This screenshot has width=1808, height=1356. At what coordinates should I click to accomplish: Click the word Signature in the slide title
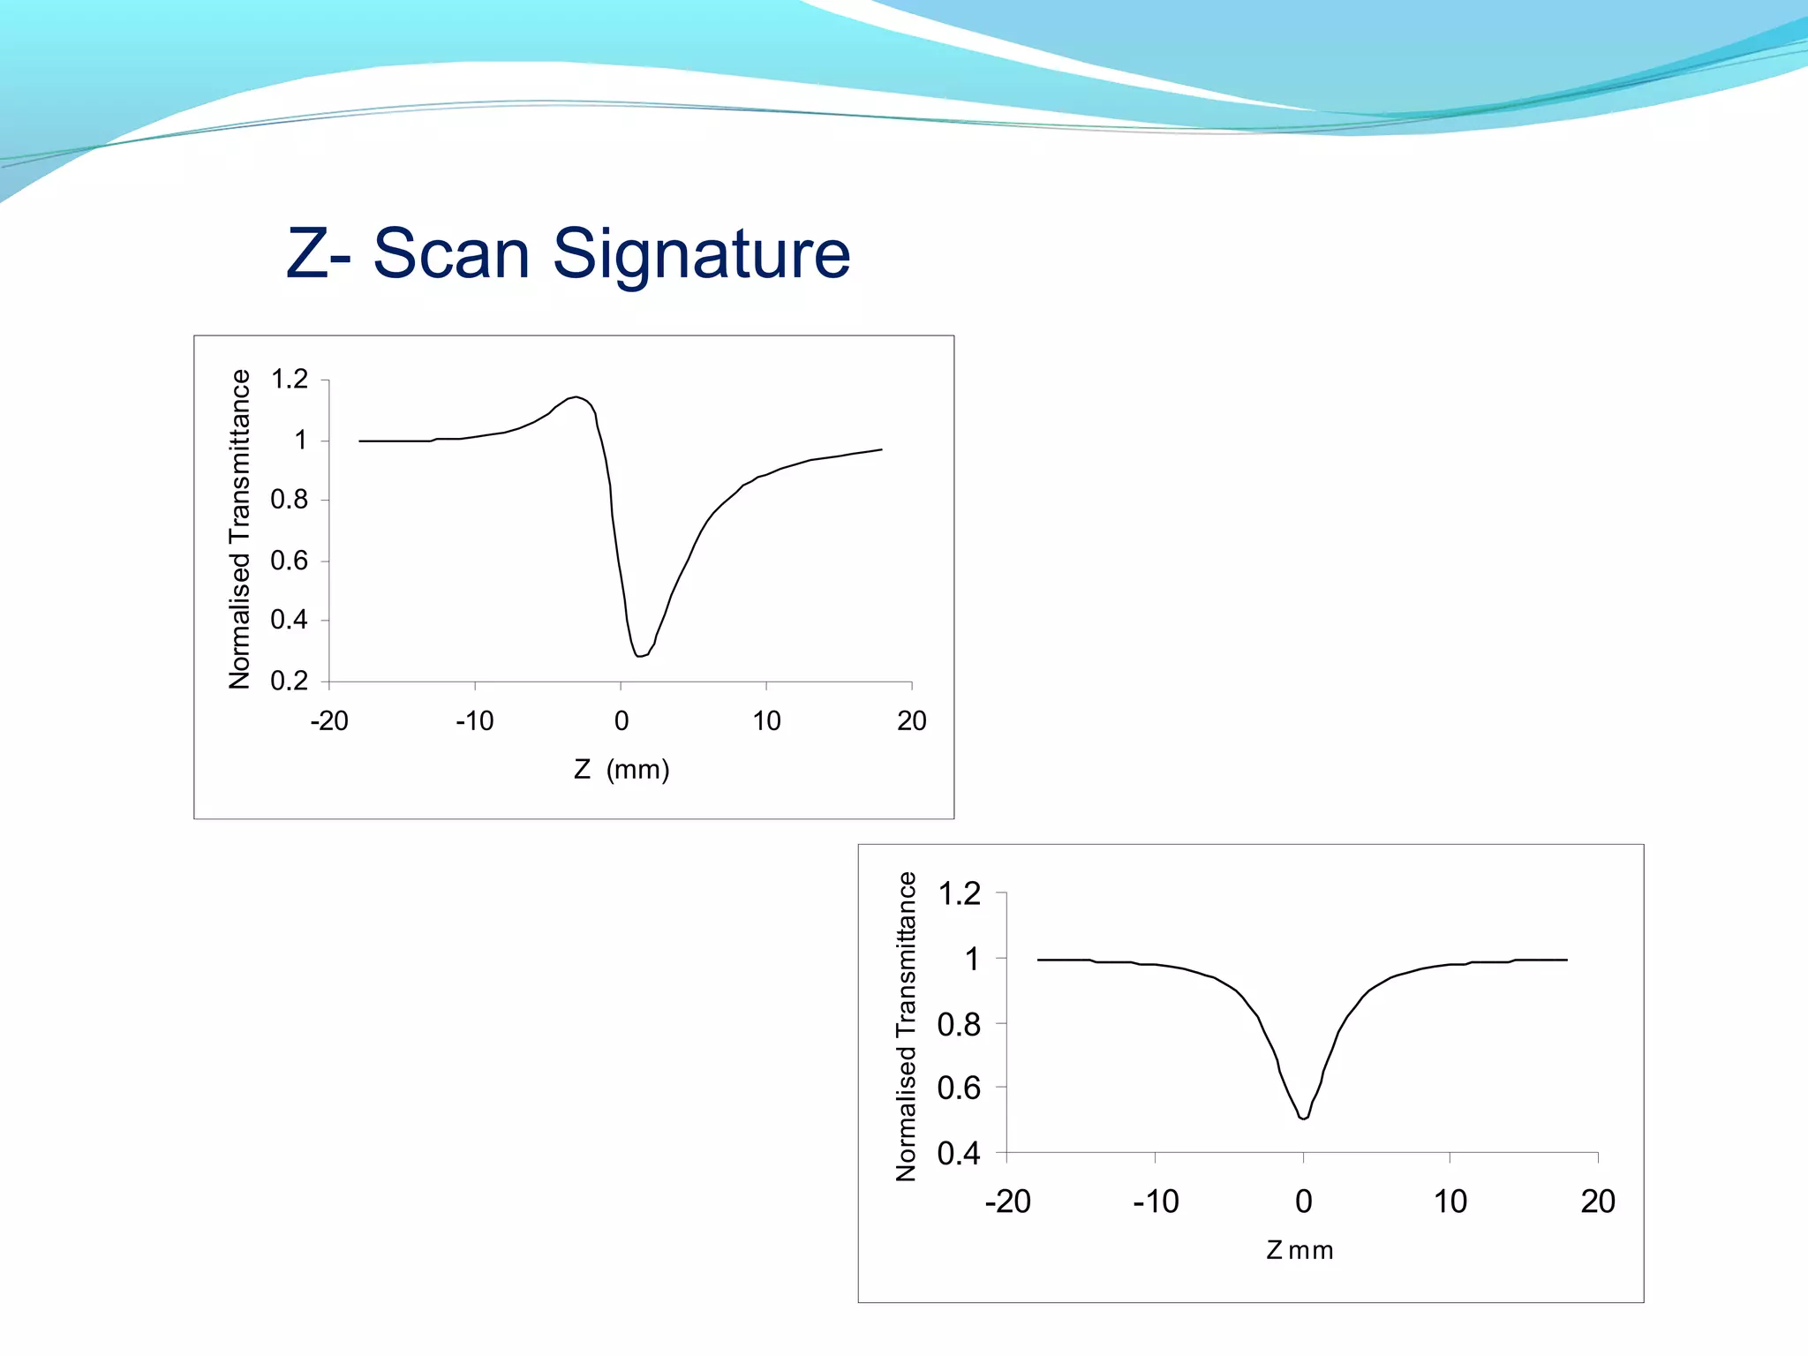(x=701, y=254)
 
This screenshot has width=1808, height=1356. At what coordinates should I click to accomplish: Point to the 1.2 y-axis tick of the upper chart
(x=290, y=380)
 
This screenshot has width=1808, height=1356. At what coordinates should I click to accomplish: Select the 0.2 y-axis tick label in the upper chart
(x=290, y=681)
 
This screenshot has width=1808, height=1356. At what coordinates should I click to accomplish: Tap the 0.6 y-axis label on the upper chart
(x=290, y=561)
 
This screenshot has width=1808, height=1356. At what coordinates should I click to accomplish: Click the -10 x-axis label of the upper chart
(x=474, y=721)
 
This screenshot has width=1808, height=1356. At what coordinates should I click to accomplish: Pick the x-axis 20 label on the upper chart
(x=911, y=721)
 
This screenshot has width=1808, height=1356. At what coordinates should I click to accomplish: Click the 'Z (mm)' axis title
(x=621, y=770)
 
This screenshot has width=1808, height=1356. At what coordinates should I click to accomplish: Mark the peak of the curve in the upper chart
(x=576, y=397)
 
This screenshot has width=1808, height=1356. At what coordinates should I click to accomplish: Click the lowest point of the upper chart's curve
(x=638, y=656)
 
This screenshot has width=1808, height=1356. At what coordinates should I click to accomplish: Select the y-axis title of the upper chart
(x=239, y=529)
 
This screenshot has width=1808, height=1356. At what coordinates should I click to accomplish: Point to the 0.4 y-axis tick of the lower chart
(x=959, y=1153)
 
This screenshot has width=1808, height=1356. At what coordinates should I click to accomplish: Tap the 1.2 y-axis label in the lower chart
(x=959, y=894)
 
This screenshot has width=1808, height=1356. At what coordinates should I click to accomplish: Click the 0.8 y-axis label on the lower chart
(x=959, y=1024)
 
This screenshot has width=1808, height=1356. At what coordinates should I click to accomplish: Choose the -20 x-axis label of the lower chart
(x=1007, y=1202)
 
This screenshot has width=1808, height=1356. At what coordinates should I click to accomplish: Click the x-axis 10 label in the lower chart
(x=1450, y=1202)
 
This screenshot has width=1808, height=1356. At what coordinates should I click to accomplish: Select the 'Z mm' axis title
(x=1299, y=1250)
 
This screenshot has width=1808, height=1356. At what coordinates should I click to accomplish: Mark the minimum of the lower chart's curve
(x=1304, y=1119)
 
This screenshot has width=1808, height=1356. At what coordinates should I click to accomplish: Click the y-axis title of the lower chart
(x=907, y=1026)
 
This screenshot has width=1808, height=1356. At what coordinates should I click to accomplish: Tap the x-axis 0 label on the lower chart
(x=1303, y=1202)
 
